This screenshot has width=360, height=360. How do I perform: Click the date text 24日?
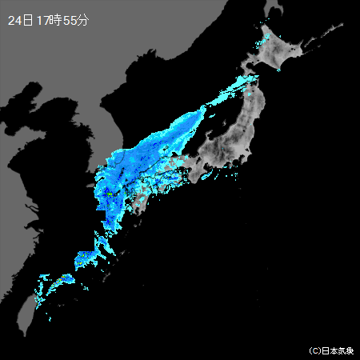click(20, 20)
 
